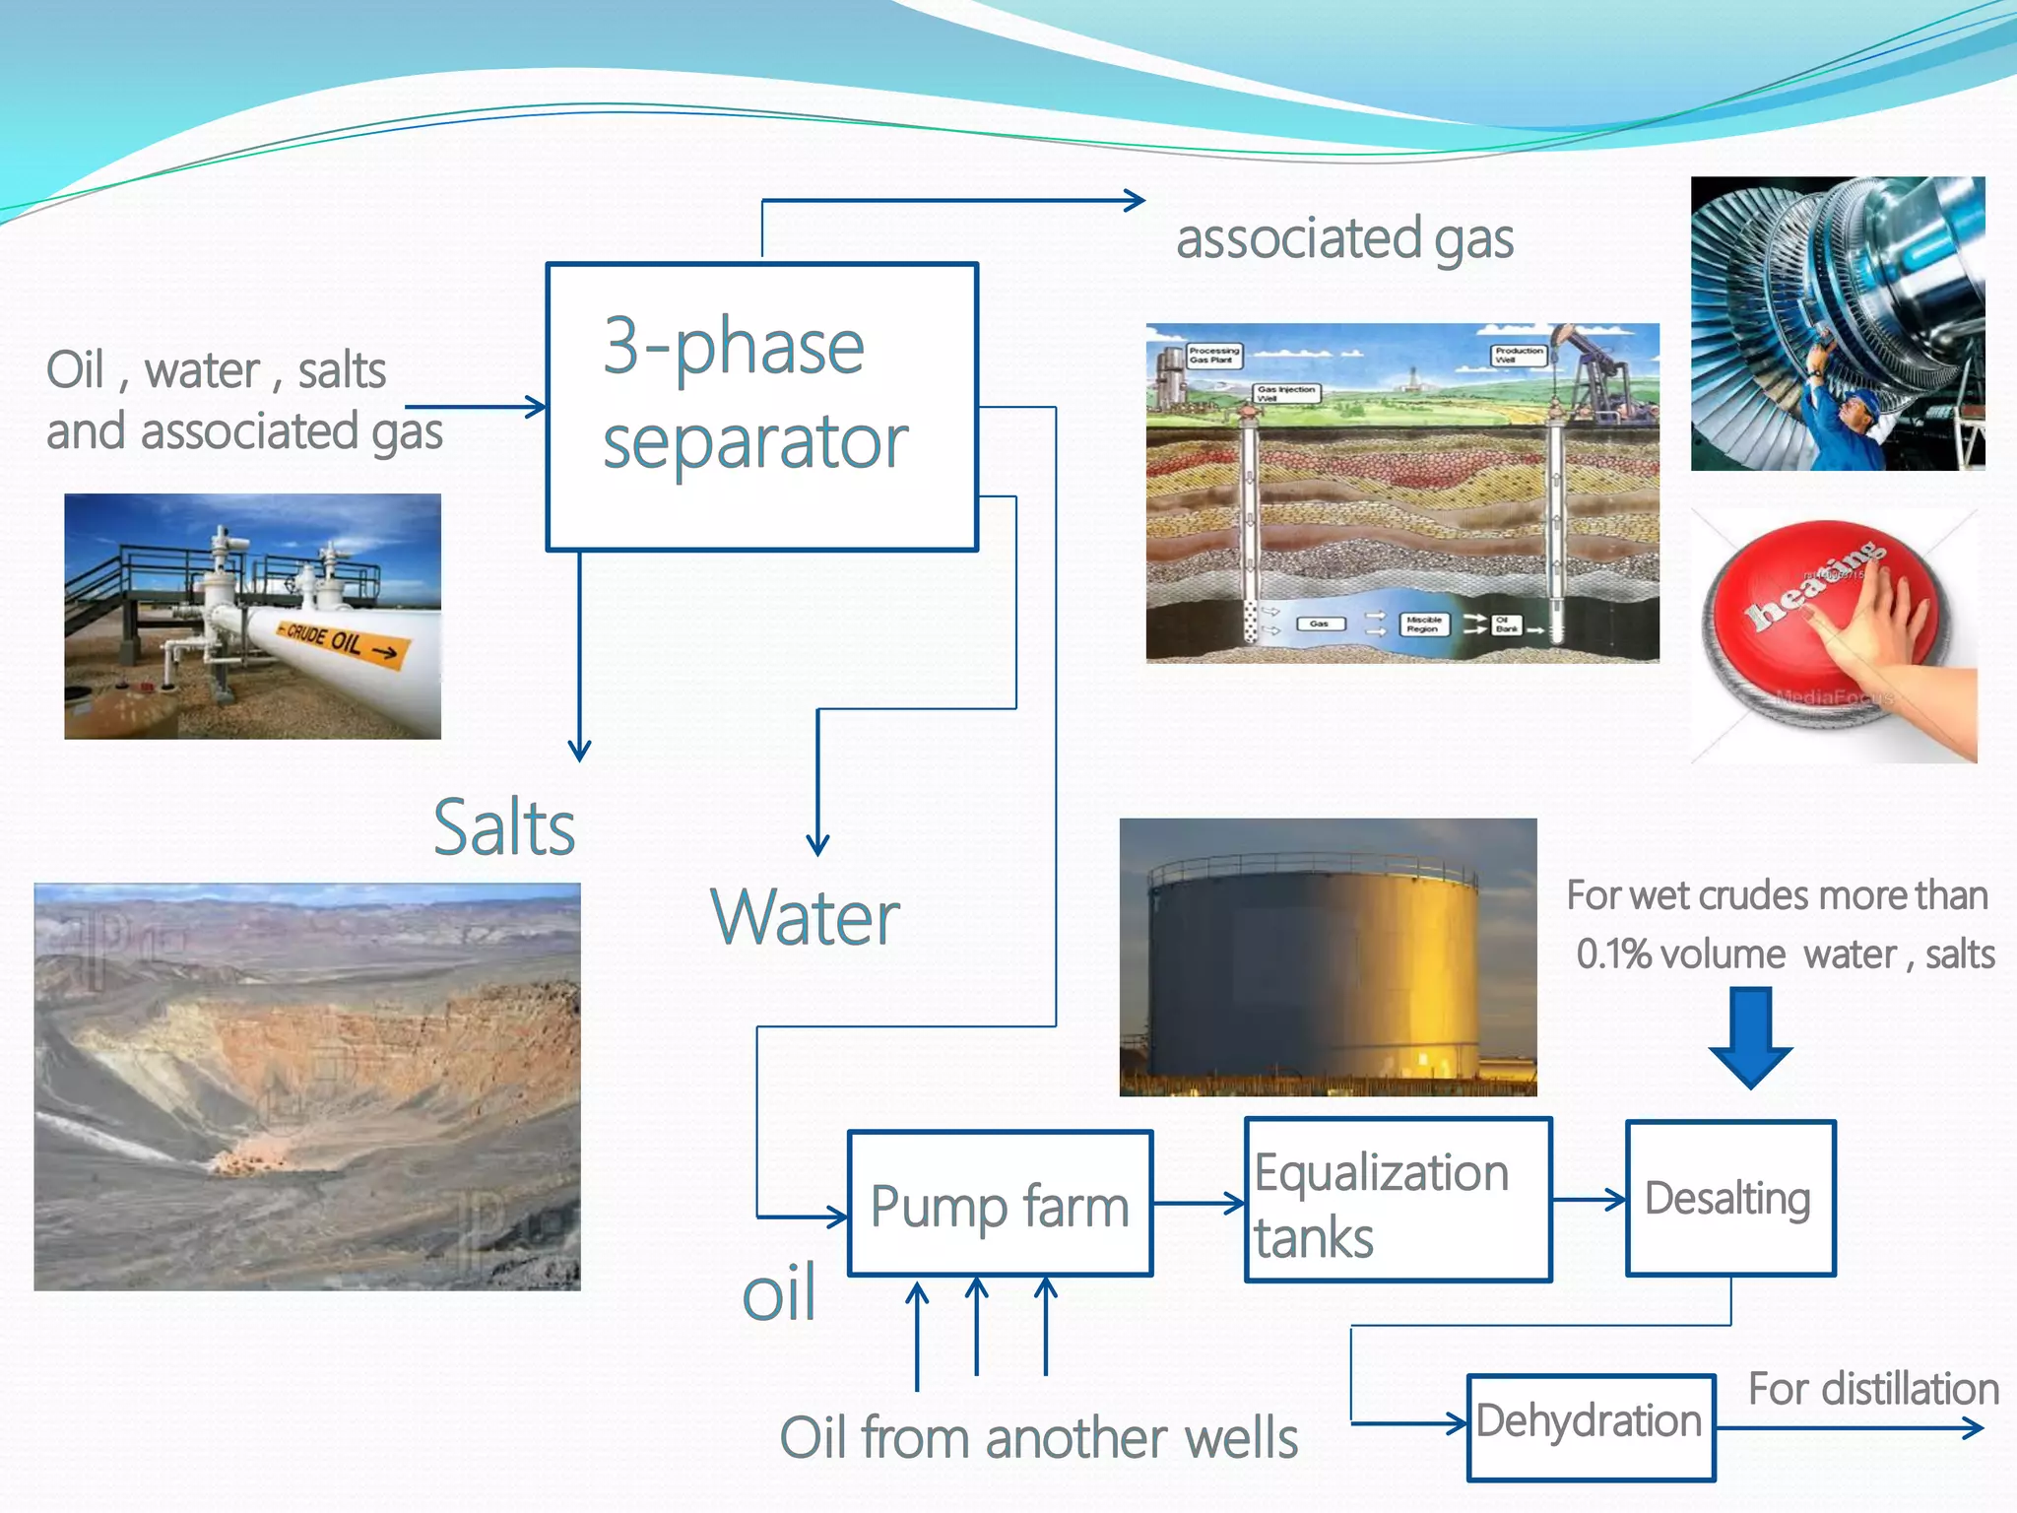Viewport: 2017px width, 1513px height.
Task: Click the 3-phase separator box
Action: pos(761,406)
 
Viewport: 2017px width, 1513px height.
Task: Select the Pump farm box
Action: pos(1000,1203)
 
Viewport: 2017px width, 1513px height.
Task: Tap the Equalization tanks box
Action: pos(1398,1200)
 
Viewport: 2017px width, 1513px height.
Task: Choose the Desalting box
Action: pos(1730,1198)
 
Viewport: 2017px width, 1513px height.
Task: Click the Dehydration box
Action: pos(1590,1426)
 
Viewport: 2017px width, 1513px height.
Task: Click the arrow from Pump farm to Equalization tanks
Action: pos(1198,1203)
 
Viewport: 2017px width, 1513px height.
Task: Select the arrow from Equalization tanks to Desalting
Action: pos(1588,1200)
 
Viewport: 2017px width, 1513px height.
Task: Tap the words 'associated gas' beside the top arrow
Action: pos(1344,239)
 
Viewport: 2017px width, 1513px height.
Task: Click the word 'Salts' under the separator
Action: pos(504,827)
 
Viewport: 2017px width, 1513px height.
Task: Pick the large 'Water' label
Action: pos(805,917)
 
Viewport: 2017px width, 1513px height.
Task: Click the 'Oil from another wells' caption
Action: pos(1038,1437)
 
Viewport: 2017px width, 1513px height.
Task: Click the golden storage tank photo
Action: pos(1327,956)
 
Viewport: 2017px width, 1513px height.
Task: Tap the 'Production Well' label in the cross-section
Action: pos(1519,355)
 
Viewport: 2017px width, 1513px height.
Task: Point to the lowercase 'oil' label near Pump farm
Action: pos(778,1293)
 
